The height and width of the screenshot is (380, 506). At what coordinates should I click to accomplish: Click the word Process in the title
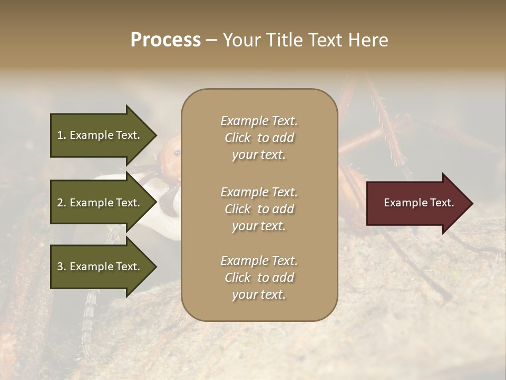166,40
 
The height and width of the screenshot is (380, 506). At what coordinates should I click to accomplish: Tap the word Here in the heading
368,40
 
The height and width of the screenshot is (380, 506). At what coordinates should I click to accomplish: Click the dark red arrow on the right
416,203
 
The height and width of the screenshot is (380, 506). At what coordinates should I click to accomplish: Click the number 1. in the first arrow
62,135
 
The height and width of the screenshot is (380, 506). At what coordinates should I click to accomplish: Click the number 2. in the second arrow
62,203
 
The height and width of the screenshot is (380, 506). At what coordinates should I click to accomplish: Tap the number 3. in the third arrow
62,267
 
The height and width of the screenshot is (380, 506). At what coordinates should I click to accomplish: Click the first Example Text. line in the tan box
259,121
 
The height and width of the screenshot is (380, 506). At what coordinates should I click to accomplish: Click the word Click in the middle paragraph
237,209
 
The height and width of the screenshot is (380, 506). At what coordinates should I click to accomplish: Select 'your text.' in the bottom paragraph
259,294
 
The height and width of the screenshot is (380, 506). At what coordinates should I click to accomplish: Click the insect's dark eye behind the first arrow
177,153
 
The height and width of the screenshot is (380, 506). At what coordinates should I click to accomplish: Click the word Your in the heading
240,40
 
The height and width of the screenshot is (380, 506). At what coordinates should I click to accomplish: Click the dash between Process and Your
212,40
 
